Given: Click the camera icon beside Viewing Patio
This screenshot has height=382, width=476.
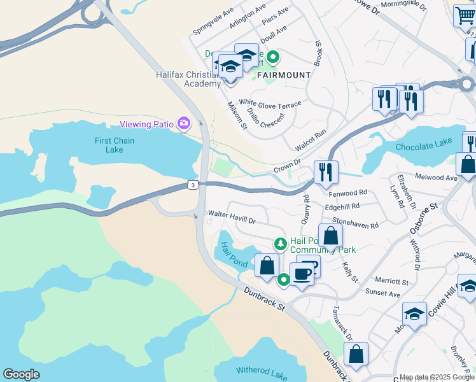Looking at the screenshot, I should click(185, 123).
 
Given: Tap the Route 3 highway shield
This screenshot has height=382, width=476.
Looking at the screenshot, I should click(192, 185).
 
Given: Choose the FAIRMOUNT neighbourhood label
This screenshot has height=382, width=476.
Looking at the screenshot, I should click(284, 75).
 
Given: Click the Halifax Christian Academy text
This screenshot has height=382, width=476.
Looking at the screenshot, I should click(188, 79).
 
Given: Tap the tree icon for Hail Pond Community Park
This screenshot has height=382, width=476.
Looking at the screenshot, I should click(280, 243).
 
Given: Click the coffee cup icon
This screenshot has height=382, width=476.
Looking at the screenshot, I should click(302, 274).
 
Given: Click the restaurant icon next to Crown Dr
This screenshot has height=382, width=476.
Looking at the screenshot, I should click(325, 171).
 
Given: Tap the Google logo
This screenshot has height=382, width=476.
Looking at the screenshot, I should click(21, 374).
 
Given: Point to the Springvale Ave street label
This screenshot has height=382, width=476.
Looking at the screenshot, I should click(214, 22).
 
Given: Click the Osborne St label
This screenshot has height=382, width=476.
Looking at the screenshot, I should click(425, 215).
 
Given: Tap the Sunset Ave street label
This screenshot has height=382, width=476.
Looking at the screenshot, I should click(382, 294).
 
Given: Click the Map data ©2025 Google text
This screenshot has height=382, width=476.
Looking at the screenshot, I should click(436, 377).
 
